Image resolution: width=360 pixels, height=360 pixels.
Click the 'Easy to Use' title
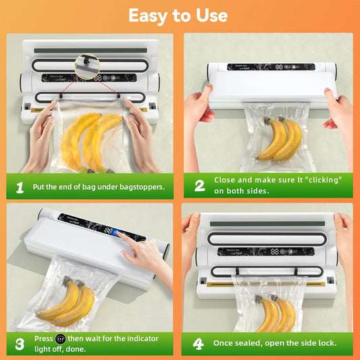pyautogui.click(x=178, y=15)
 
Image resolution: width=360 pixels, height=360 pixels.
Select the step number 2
pyautogui.click(x=199, y=186)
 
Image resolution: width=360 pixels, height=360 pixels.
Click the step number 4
pyautogui.click(x=199, y=343)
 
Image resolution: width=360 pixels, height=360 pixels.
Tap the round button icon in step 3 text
pyautogui.click(x=61, y=338)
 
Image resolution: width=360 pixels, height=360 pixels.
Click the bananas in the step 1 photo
pyautogui.click(x=91, y=138)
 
